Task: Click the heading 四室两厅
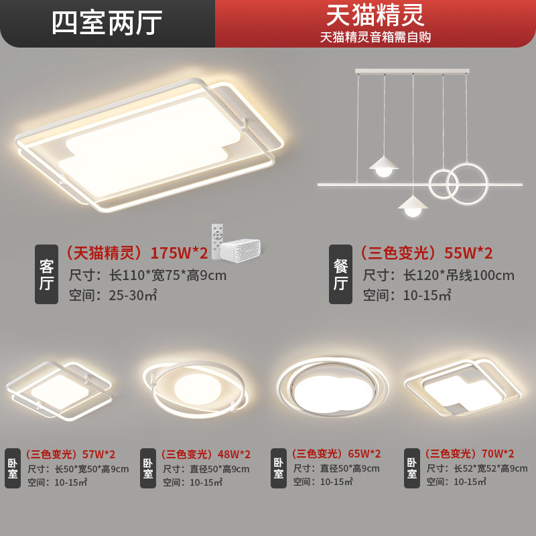[x=107, y=23]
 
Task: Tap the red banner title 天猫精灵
[x=375, y=15]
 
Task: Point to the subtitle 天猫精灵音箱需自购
[x=375, y=38]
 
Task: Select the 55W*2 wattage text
[x=469, y=253]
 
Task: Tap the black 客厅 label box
[x=46, y=275]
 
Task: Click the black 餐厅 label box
[x=340, y=275]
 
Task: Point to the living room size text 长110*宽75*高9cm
[x=148, y=275]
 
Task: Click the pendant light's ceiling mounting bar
[x=412, y=70]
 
